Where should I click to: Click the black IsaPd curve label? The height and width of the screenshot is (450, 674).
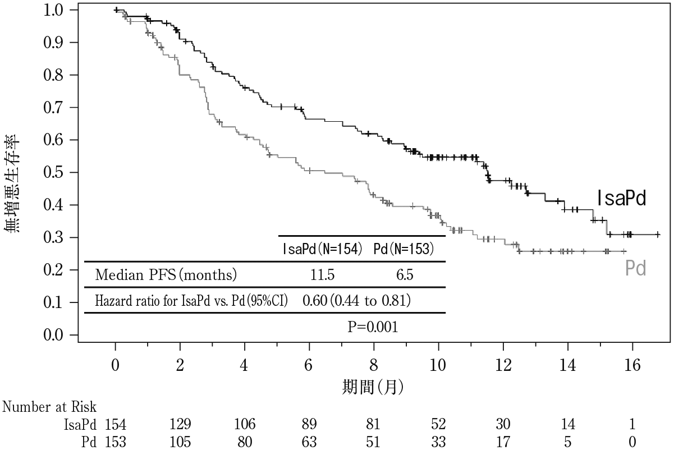tap(622, 198)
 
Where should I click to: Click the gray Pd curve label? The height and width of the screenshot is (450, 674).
tap(636, 268)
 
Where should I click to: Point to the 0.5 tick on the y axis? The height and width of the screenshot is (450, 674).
tap(74, 172)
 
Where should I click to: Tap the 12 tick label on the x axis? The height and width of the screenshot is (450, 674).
tap(503, 365)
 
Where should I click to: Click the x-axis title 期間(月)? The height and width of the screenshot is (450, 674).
tap(373, 387)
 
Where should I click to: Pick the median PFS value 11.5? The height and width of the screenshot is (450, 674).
tap(322, 275)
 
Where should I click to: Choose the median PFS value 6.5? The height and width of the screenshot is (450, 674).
tap(405, 275)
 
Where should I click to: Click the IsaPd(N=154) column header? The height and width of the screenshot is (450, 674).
tap(322, 249)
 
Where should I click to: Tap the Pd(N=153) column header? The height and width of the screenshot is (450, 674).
tap(404, 249)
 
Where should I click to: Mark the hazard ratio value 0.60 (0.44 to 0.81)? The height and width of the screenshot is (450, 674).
tap(356, 301)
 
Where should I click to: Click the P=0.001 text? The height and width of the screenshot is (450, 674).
tap(373, 327)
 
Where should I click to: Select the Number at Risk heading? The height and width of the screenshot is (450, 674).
tap(49, 407)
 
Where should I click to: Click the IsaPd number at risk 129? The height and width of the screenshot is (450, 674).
tap(180, 424)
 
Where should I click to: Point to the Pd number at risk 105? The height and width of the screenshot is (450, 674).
tap(180, 442)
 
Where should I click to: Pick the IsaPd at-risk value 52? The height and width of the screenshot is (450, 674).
tap(438, 424)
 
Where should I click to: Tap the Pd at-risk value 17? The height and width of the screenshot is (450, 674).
tap(503, 442)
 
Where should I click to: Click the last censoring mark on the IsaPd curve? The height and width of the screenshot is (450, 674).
tap(658, 235)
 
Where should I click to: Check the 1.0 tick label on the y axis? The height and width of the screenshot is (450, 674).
tap(53, 11)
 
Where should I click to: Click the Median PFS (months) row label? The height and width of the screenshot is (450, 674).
tap(166, 275)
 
